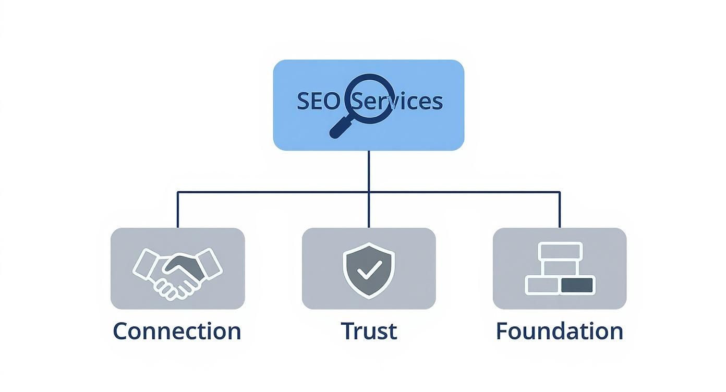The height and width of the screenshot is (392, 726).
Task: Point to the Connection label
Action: (177, 332)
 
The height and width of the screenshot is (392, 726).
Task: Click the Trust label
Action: (369, 332)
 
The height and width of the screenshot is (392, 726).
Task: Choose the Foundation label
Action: (560, 332)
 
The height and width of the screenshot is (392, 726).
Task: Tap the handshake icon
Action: (177, 271)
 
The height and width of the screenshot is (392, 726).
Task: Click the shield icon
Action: (369, 269)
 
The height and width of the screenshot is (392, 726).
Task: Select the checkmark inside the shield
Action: (369, 271)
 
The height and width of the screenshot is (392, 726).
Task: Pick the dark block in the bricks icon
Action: (577, 285)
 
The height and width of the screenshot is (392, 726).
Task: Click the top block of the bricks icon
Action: (560, 251)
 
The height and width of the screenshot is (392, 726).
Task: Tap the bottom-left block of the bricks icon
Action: (543, 285)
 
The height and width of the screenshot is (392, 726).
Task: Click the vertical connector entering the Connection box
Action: (178, 211)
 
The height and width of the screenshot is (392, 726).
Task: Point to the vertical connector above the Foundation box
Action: (560, 211)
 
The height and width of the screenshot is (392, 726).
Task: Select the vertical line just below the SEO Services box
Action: (369, 169)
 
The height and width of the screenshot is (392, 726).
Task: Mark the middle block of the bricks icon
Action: (560, 268)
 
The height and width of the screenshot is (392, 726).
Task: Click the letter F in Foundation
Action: (501, 332)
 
